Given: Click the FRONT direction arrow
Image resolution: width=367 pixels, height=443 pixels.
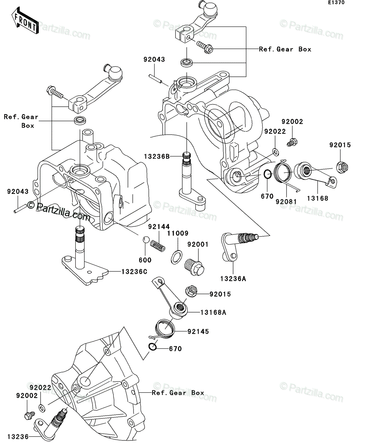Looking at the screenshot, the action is click(25, 21).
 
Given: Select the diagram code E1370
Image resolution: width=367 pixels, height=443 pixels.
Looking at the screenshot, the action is click(336, 3).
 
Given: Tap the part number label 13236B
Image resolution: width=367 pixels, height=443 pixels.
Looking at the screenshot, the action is click(157, 157).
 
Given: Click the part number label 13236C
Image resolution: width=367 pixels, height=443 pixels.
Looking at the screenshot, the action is click(134, 272).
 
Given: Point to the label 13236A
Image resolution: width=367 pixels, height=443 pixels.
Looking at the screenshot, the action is click(233, 279).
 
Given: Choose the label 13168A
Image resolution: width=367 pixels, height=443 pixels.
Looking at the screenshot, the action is click(213, 313).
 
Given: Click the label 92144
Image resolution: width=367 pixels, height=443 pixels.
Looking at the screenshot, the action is click(159, 227).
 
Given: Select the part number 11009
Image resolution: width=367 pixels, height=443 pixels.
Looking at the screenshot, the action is click(178, 233).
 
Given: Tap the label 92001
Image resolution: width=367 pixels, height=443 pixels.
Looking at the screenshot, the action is click(198, 244).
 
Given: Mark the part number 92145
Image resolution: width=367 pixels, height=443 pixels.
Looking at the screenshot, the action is click(198, 332).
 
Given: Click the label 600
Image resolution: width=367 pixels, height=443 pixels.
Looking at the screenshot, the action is click(145, 260).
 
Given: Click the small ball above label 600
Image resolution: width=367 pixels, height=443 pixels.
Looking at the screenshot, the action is click(145, 239).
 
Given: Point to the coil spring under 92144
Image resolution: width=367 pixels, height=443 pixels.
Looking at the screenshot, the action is click(157, 246).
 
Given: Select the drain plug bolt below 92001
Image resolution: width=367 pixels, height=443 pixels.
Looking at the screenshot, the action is click(194, 267).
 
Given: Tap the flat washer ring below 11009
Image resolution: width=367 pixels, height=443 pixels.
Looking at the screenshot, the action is click(176, 257).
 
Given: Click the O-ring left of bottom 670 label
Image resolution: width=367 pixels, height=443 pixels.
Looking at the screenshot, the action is click(153, 347).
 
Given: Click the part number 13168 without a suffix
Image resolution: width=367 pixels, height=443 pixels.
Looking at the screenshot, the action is click(318, 199).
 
